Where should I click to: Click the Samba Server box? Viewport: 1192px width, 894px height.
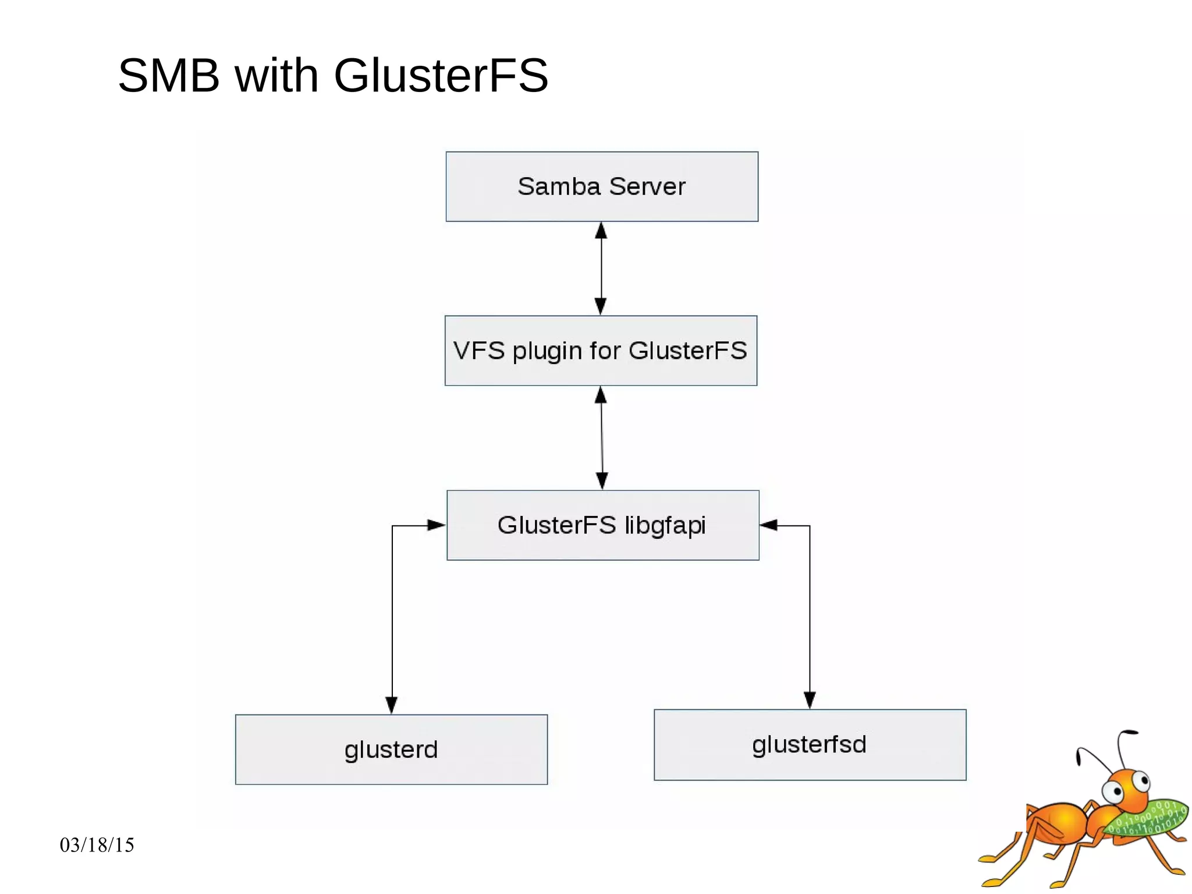[x=602, y=186]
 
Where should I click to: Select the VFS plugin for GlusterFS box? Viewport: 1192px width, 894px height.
[x=601, y=351]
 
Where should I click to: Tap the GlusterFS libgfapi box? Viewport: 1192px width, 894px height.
[x=602, y=525]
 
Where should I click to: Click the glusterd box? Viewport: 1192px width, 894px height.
[x=391, y=750]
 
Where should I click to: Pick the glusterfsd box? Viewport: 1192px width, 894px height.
[x=810, y=745]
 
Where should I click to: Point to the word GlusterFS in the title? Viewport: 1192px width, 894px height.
[x=441, y=76]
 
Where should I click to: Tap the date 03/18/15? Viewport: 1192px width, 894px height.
[x=97, y=845]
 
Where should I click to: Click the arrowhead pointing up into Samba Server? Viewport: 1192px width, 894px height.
[x=601, y=231]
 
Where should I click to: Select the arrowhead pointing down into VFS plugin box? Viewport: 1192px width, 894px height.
[x=601, y=306]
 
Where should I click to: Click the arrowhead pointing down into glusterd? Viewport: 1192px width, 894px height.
[x=392, y=705]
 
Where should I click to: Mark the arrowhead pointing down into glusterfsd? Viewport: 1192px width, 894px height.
[x=810, y=699]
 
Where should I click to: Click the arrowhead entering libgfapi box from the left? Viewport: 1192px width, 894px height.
[x=436, y=525]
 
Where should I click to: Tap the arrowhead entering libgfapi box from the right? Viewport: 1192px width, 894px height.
[x=769, y=525]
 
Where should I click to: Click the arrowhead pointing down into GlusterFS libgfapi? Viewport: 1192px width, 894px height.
[x=602, y=480]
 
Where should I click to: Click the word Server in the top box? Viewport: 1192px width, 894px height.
[x=647, y=187]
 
